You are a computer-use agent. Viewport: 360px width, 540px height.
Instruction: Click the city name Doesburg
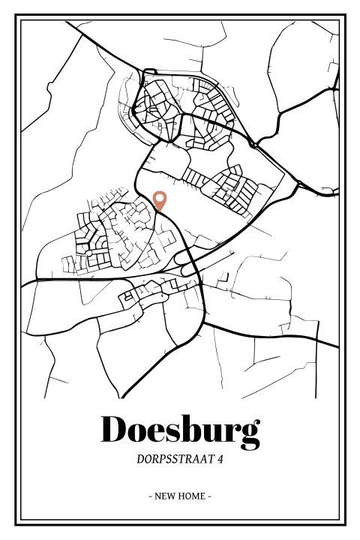(x=180, y=429)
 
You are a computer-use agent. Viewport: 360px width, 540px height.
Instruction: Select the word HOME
(x=191, y=496)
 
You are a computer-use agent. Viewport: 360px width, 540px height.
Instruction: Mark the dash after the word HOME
(x=209, y=496)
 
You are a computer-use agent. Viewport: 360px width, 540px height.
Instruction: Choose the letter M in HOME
(x=194, y=496)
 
